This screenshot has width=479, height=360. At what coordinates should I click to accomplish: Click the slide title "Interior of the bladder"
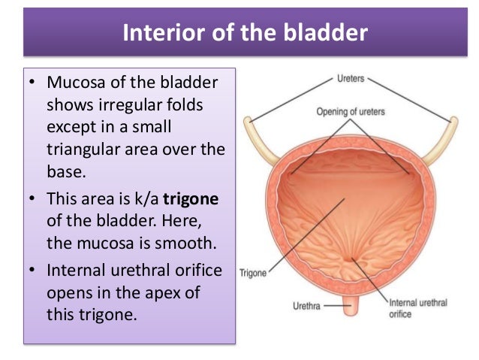246,32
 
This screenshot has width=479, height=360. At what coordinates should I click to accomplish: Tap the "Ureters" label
351,79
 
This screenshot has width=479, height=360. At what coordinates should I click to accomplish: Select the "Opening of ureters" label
351,112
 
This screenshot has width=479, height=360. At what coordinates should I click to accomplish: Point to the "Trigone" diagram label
252,273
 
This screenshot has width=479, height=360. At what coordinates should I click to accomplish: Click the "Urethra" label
306,306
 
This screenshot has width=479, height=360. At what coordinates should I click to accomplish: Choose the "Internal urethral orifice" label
417,308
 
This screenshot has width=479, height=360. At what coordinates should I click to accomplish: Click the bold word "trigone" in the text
191,199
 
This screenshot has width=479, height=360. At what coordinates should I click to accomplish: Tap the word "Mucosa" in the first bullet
76,82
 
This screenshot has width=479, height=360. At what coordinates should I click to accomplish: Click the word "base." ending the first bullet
66,171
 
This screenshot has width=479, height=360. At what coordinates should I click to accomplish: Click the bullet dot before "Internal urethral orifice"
32,270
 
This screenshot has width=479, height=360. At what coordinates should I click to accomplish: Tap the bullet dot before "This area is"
32,198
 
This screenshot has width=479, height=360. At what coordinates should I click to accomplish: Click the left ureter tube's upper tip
247,119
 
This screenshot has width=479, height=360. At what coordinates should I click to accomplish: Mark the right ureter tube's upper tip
454,119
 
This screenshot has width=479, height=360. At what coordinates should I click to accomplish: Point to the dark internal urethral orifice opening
349,260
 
